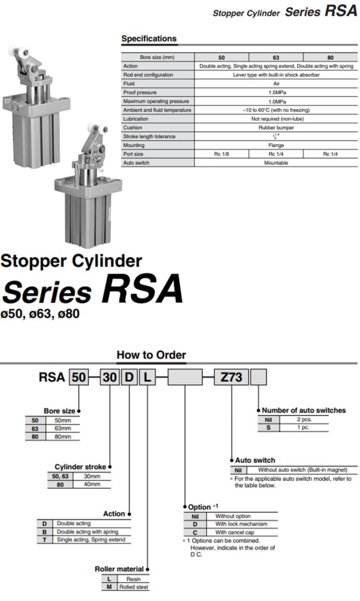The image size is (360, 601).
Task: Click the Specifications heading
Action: (149, 39)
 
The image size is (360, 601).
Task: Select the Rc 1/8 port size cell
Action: (221, 154)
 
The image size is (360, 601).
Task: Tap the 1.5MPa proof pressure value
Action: (276, 92)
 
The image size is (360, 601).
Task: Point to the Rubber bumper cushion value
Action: (276, 127)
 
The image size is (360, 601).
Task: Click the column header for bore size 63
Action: (276, 57)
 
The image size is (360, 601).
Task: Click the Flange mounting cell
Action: (276, 145)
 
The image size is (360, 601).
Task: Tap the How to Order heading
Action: (151, 355)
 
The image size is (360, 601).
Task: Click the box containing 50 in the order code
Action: (79, 378)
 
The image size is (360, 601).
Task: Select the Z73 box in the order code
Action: (231, 378)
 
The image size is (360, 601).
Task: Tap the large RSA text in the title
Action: (142, 290)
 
